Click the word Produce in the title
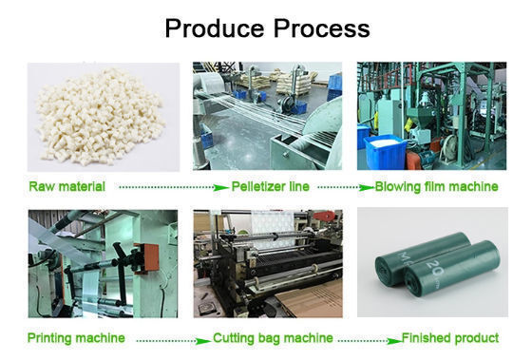pyautogui.click(x=215, y=28)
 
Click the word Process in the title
pyautogui.click(x=322, y=28)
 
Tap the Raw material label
pyautogui.click(x=66, y=186)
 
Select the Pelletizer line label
pyautogui.click(x=270, y=186)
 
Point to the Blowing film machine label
pyautogui.click(x=436, y=186)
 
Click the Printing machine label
pyautogui.click(x=76, y=338)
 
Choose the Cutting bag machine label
pyautogui.click(x=273, y=338)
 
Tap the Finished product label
pyautogui.click(x=450, y=338)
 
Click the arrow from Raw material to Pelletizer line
pyautogui.click(x=174, y=187)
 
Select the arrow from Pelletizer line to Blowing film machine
pyautogui.click(x=346, y=187)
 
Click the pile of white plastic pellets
pyautogui.click(x=100, y=117)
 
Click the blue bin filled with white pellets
pyautogui.click(x=386, y=151)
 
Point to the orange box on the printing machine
pyautogui.click(x=148, y=258)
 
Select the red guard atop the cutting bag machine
pyautogui.click(x=324, y=216)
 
